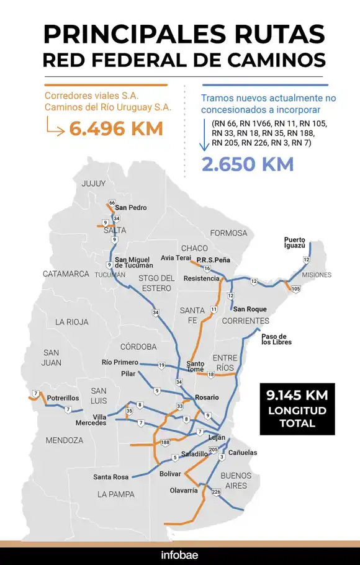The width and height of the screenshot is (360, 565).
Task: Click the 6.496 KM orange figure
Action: tap(116, 129)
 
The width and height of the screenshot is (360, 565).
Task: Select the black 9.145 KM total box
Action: tap(297, 409)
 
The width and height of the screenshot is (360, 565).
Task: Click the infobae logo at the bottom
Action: tap(179, 554)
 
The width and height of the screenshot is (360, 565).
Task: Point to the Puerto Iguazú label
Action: tap(295, 242)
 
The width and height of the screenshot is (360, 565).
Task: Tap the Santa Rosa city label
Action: tap(111, 477)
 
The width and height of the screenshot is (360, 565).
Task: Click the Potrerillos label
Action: tap(63, 398)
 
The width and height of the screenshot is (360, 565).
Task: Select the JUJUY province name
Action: tap(94, 184)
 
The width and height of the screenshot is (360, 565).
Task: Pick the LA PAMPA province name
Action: tap(116, 494)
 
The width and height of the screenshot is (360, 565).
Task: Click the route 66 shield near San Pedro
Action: tap(112, 203)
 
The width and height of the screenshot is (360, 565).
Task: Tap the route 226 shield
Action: tap(216, 492)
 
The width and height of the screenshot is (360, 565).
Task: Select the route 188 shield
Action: tap(165, 442)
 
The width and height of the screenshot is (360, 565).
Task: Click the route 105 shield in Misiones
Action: tap(295, 288)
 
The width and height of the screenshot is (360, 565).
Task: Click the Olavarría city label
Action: tap(184, 490)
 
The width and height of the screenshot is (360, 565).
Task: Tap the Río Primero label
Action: tap(120, 362)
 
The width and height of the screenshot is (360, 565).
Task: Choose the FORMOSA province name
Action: tap(228, 233)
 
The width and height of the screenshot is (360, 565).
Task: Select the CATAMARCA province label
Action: tap(66, 274)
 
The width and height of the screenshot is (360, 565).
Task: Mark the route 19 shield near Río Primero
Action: tap(161, 365)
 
